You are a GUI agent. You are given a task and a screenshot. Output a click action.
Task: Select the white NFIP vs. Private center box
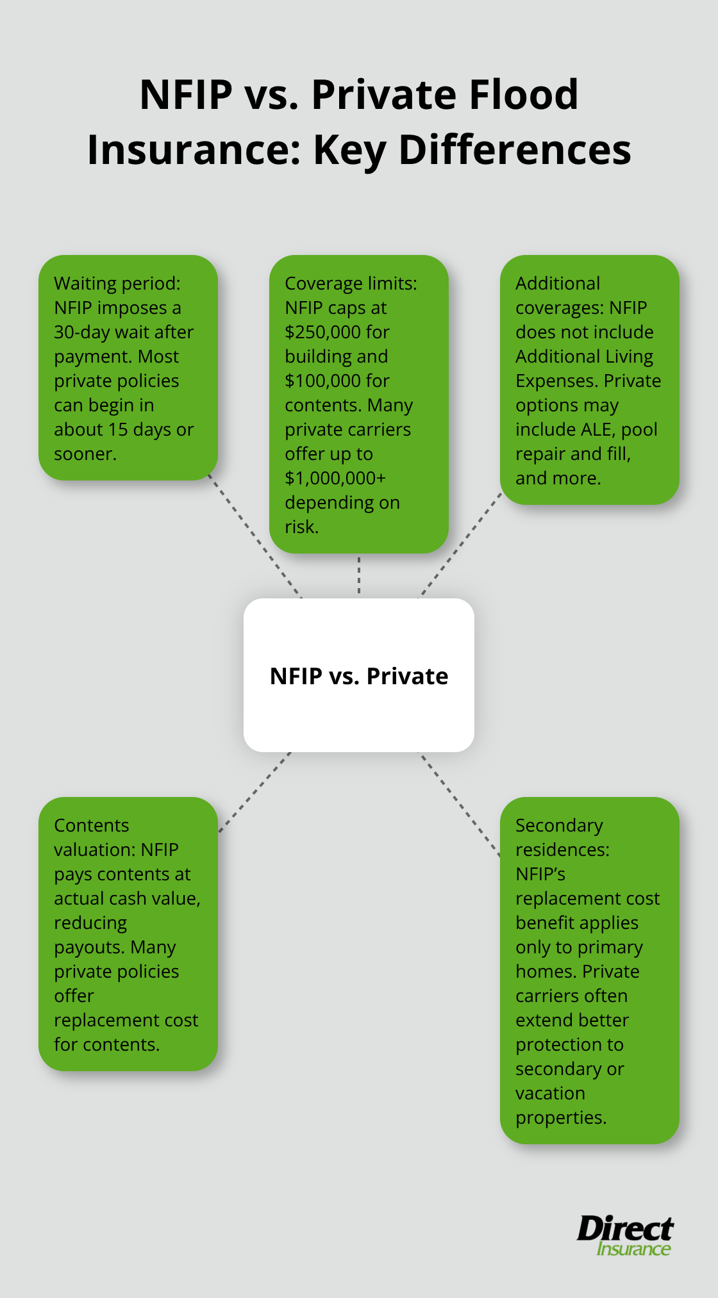tap(359, 675)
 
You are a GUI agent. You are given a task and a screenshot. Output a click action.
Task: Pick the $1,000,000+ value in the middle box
tap(335, 478)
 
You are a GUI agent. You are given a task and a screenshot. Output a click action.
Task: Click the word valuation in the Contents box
tap(94, 850)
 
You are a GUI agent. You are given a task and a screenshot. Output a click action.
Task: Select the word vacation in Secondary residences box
tap(550, 1093)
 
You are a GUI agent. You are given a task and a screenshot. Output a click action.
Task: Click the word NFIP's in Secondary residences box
tap(540, 874)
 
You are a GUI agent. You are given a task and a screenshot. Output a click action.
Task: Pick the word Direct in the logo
tap(624, 1229)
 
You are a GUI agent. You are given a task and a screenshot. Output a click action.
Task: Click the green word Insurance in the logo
tap(633, 1249)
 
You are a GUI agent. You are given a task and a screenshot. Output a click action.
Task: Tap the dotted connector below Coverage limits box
tap(359, 575)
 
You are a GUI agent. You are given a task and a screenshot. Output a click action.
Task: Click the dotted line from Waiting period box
tap(255, 538)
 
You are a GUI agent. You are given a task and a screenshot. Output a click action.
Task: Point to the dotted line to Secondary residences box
tap(460, 804)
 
